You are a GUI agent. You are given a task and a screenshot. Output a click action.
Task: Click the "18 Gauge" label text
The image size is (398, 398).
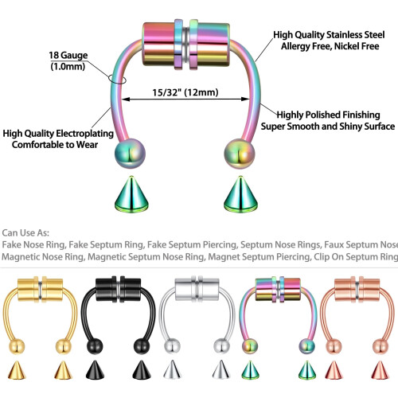coord(68,55)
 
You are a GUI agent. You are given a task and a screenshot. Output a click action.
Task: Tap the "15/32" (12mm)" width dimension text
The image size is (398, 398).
coord(185,92)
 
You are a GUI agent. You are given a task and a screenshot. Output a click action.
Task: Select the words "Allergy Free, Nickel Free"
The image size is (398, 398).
coord(330,46)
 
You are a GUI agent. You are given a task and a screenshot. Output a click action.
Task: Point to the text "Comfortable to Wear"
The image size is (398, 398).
coord(55,145)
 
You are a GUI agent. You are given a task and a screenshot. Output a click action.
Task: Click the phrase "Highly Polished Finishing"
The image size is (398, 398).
coord(328,115)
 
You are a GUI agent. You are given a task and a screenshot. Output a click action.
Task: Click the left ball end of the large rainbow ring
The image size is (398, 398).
coord(130,154)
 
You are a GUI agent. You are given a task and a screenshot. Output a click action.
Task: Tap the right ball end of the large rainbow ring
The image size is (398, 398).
coord(240,154)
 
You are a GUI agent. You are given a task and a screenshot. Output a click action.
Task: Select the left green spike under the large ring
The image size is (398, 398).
coord(131,194)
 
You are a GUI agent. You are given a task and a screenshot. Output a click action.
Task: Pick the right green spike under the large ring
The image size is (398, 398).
coord(240,194)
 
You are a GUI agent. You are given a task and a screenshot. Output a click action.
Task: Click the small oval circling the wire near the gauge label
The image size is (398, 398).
coord(117,79)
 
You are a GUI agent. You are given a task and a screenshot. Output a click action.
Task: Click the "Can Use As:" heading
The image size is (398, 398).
coord(25,233)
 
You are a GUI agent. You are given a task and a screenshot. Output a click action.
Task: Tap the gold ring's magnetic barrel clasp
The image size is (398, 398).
coord(41,289)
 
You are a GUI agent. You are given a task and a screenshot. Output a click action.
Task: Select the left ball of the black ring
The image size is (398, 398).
coord(95,346)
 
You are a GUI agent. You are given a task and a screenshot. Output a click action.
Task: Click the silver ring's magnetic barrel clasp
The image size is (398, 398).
coord(197,289)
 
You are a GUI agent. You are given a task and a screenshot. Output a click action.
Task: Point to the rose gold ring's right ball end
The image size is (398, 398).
coord(380,346)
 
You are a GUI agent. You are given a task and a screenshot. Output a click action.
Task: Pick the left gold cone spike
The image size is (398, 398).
coord(17,370)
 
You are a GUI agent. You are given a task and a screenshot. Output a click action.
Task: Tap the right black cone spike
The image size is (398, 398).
coord(142,370)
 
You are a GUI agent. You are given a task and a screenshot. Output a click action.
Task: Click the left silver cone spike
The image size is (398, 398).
coord(172,370)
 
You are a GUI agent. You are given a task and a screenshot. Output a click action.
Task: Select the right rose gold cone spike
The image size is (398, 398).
coord(380,370)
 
